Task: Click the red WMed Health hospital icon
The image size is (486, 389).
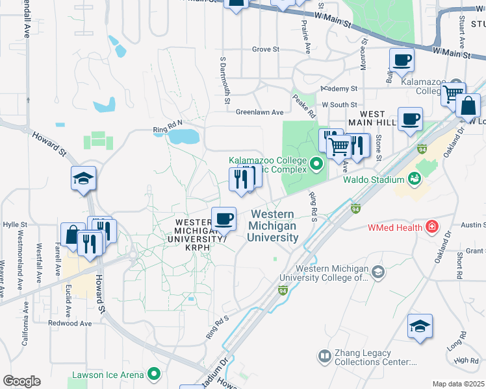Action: click(x=430, y=228)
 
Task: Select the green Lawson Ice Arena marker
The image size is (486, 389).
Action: click(x=154, y=373)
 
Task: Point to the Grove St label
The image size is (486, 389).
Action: click(x=265, y=49)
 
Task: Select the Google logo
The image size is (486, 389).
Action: click(x=21, y=381)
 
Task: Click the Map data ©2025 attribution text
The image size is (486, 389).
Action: click(x=458, y=384)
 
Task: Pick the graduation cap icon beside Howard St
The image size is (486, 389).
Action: click(x=84, y=179)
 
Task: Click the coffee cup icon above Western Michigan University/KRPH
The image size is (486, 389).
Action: click(x=224, y=218)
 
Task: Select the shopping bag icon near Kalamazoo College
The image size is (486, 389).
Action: click(x=468, y=106)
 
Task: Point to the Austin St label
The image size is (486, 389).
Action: click(x=474, y=225)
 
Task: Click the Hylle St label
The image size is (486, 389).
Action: click(x=14, y=224)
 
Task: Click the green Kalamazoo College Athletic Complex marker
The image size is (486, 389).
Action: click(x=317, y=163)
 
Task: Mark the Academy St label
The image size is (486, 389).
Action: click(x=339, y=89)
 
